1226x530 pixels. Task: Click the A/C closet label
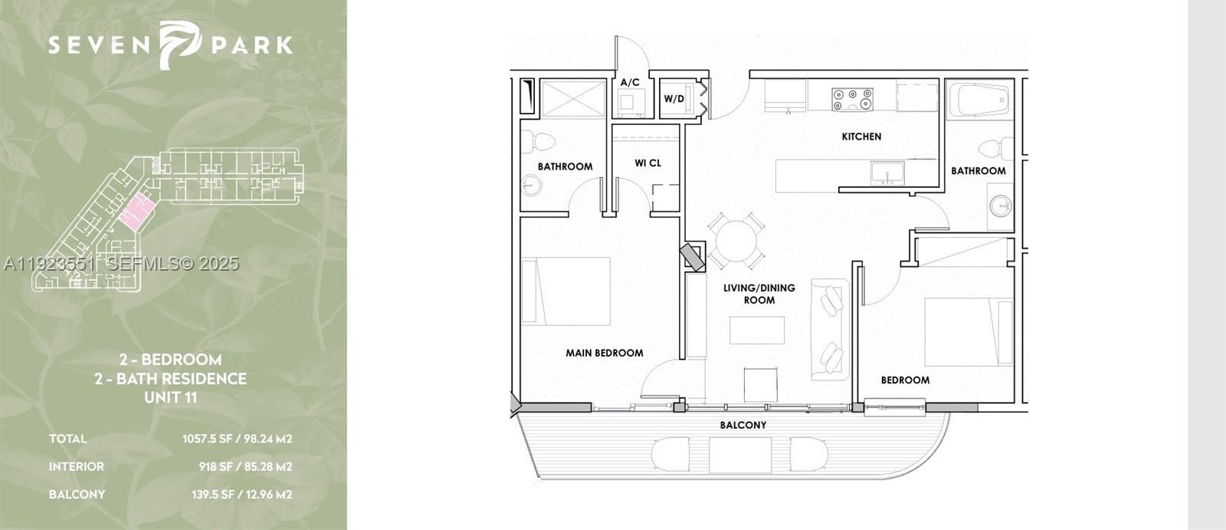pos(630,82)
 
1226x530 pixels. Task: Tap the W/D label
pos(674,99)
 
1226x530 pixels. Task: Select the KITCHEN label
pos(861,137)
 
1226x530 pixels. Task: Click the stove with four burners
pos(852,99)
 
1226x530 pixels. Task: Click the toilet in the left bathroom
pos(543,141)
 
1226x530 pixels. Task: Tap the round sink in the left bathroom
pos(530,185)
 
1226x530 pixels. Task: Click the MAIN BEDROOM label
pos(604,353)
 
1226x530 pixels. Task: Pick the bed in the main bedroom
pos(566,291)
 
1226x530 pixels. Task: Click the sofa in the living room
pos(829,330)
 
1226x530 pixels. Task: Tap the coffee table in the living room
pos(756,331)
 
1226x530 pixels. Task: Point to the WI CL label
pos(647,163)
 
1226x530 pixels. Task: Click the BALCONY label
pos(742,425)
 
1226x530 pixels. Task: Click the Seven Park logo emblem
pos(178,44)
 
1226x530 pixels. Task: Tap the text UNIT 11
pos(171,397)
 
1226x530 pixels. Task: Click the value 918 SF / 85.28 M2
pos(245,466)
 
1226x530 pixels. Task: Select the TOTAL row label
pos(67,439)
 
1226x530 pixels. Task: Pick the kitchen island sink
pos(887,173)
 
